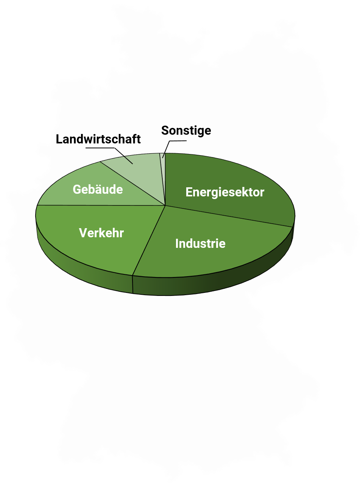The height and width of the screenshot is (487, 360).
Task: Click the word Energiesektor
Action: tap(224, 192)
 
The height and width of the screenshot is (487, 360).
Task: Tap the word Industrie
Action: tap(200, 243)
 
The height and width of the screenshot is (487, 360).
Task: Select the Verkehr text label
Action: tap(101, 233)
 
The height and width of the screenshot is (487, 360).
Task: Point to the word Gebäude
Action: tap(98, 189)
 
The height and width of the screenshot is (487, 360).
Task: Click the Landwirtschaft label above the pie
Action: tap(98, 139)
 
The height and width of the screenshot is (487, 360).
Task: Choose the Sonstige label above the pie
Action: tap(186, 131)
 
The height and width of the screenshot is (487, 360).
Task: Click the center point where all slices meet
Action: tap(165, 206)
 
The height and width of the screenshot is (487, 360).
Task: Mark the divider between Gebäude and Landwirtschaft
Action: tap(132, 184)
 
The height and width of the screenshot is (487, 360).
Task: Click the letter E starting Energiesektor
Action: tap(189, 192)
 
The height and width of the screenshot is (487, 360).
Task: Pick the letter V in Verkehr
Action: tap(83, 233)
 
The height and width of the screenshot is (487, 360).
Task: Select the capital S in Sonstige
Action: tap(165, 131)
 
